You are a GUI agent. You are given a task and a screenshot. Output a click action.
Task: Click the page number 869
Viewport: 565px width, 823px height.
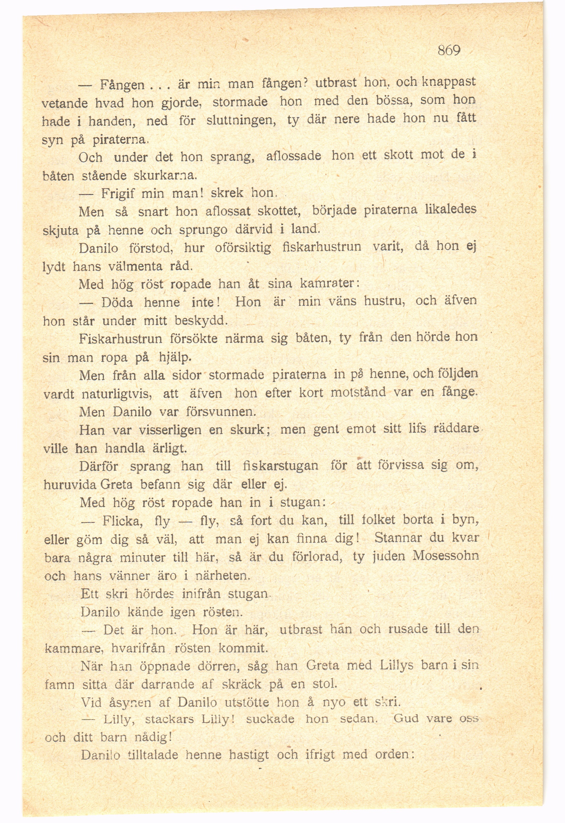click(x=449, y=50)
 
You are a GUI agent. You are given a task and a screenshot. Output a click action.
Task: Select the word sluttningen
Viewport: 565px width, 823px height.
click(x=241, y=120)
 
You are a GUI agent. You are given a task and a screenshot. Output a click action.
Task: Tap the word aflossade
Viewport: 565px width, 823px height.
click(x=294, y=156)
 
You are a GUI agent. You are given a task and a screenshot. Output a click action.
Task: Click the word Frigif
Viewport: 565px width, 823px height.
click(x=118, y=194)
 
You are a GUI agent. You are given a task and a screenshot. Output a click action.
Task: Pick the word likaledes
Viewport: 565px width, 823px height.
click(x=451, y=209)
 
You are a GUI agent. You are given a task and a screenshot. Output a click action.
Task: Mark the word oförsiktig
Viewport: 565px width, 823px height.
click(x=243, y=248)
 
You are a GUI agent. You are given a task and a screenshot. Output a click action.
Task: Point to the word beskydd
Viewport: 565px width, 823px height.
click(x=200, y=321)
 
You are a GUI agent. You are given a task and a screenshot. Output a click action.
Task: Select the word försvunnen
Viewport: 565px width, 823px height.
click(x=221, y=412)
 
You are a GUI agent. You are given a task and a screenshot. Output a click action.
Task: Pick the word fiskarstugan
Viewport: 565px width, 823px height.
click(x=281, y=465)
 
